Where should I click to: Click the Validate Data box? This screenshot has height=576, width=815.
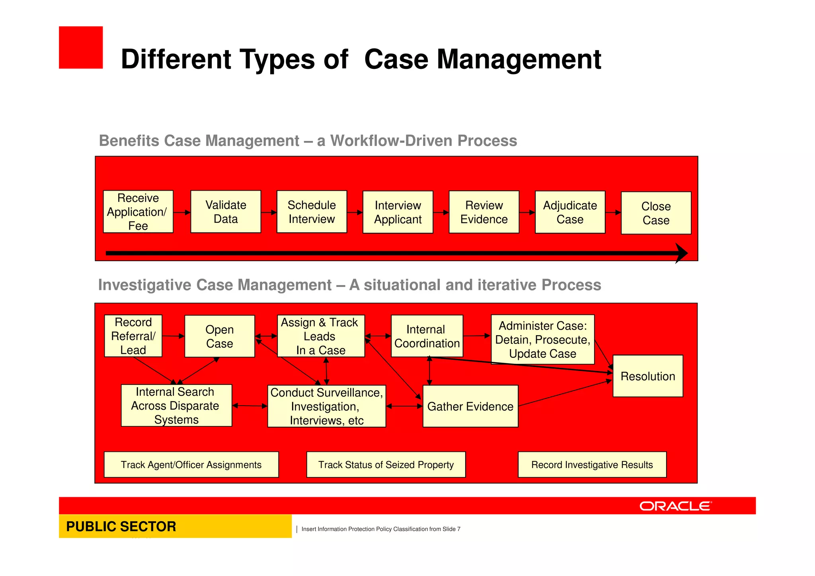pos(226,212)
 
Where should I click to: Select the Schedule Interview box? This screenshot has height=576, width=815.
pos(312,212)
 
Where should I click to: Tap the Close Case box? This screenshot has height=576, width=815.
pos(656,213)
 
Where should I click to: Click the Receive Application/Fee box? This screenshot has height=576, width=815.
pos(138,212)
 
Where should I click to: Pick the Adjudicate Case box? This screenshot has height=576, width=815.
pos(570,212)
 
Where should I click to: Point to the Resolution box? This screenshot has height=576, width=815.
pos(647,376)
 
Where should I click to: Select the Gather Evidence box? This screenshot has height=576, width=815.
pos(470,406)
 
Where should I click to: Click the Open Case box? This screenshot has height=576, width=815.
pos(219,336)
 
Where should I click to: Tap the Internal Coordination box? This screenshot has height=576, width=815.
pos(427,336)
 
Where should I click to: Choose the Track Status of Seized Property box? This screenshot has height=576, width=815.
pos(386,465)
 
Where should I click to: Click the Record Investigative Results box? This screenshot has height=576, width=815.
pos(592,465)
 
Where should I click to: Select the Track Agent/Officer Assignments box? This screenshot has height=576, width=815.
pos(191,465)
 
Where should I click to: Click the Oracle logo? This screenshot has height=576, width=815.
pos(675,506)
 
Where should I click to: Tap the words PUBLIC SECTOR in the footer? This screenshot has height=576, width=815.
pos(121,526)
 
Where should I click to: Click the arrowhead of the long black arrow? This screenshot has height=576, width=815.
pos(681,253)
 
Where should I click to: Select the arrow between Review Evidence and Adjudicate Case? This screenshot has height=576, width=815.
pos(527,213)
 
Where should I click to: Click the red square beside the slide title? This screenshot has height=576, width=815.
pos(81,48)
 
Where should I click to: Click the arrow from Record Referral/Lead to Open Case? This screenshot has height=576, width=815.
pos(173,336)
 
